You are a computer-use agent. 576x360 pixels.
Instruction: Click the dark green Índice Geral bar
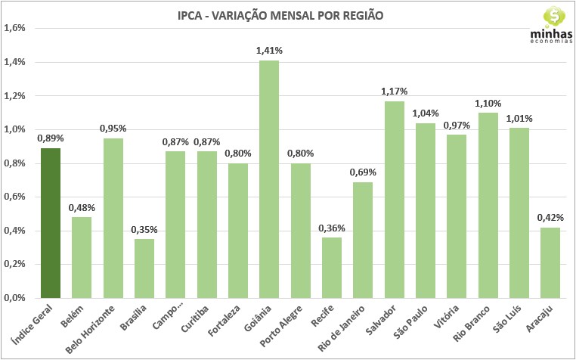51,222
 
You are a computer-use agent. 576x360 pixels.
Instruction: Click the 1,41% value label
269,51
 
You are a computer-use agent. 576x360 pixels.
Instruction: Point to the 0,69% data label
363,172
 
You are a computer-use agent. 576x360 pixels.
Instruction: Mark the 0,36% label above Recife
332,228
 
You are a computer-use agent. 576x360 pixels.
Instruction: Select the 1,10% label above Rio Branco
488,103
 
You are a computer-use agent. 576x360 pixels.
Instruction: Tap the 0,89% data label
51,138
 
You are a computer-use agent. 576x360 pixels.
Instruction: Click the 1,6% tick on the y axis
15,29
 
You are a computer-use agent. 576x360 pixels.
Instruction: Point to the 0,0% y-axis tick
15,298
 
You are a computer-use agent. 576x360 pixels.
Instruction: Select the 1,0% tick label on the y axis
15,129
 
